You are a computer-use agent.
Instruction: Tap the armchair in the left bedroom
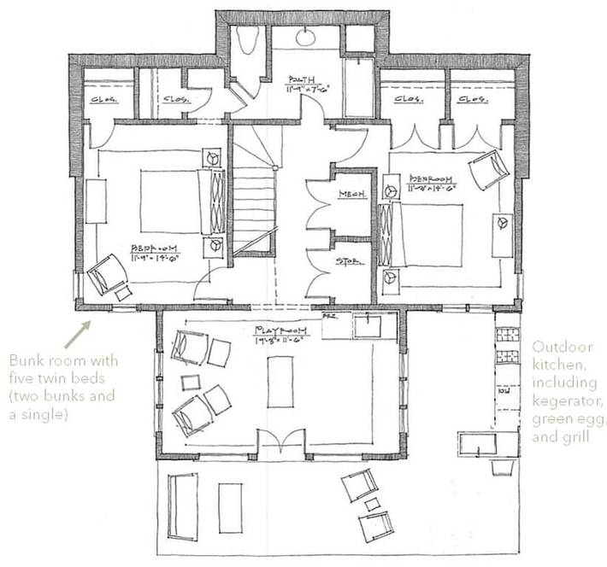[107, 274]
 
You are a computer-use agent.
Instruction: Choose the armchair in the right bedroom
[487, 170]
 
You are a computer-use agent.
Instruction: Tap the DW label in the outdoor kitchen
[504, 397]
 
